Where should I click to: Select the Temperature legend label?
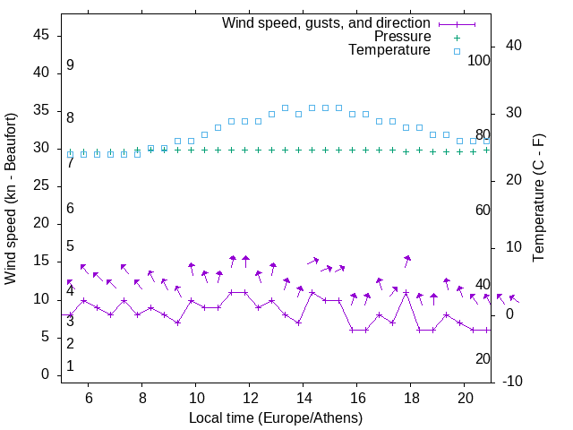(x=389, y=50)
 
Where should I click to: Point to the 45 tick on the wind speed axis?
(x=42, y=35)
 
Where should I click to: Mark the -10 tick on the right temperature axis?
(x=514, y=381)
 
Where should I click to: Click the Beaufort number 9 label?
(x=70, y=65)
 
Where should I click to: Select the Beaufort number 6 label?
(x=70, y=209)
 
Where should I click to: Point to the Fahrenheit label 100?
(x=479, y=60)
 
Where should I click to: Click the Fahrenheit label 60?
(x=483, y=210)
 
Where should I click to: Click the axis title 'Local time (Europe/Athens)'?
(x=276, y=417)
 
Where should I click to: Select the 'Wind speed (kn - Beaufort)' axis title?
(x=11, y=199)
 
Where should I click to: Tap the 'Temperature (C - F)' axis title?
(x=538, y=199)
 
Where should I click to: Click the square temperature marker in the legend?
(x=456, y=51)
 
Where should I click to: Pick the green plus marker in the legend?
(x=456, y=37)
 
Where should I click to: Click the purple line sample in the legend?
(x=456, y=23)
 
